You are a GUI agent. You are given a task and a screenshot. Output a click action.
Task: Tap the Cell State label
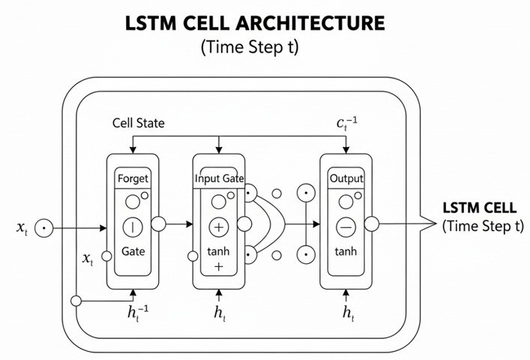point(138,122)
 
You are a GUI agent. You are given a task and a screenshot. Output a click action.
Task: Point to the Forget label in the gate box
point(133,179)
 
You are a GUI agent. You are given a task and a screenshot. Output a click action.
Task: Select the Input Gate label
point(218,179)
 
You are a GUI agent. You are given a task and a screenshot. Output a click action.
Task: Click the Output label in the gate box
point(346,179)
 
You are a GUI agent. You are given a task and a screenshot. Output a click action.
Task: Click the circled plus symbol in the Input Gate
point(219,226)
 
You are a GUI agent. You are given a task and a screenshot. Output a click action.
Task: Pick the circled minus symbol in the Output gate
point(346,226)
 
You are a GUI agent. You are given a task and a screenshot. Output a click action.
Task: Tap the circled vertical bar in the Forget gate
point(133,226)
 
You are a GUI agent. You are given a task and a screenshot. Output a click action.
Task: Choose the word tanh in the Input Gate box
point(219,253)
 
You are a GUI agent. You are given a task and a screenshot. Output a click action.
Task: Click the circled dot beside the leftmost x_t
point(44,225)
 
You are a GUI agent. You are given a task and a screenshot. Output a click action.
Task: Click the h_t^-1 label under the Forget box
point(135,314)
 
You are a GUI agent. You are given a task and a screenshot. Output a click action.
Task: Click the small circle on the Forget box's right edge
point(159,223)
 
